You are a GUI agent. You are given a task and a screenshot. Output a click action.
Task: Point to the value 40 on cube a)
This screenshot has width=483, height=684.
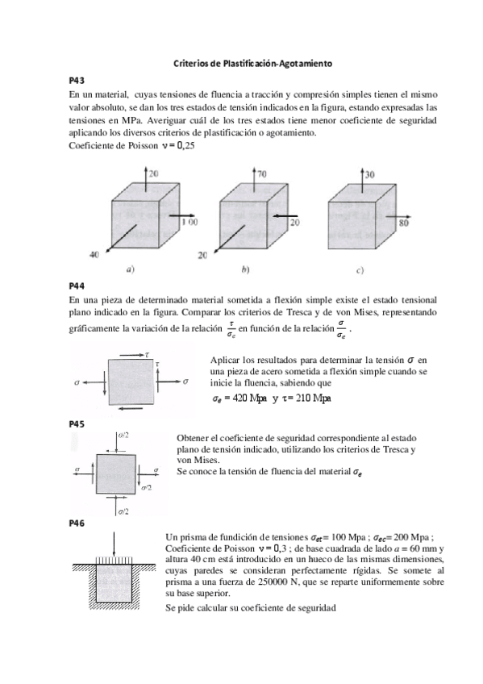click(x=94, y=253)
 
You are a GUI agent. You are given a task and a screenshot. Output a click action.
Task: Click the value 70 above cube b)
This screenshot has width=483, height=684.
click(x=263, y=173)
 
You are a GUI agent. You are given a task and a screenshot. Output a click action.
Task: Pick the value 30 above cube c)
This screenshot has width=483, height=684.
click(x=369, y=173)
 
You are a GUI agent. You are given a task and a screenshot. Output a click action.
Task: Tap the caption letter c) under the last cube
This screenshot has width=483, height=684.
click(x=358, y=268)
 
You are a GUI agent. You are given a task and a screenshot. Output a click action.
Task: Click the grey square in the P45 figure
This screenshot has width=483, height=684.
click(x=117, y=472)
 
